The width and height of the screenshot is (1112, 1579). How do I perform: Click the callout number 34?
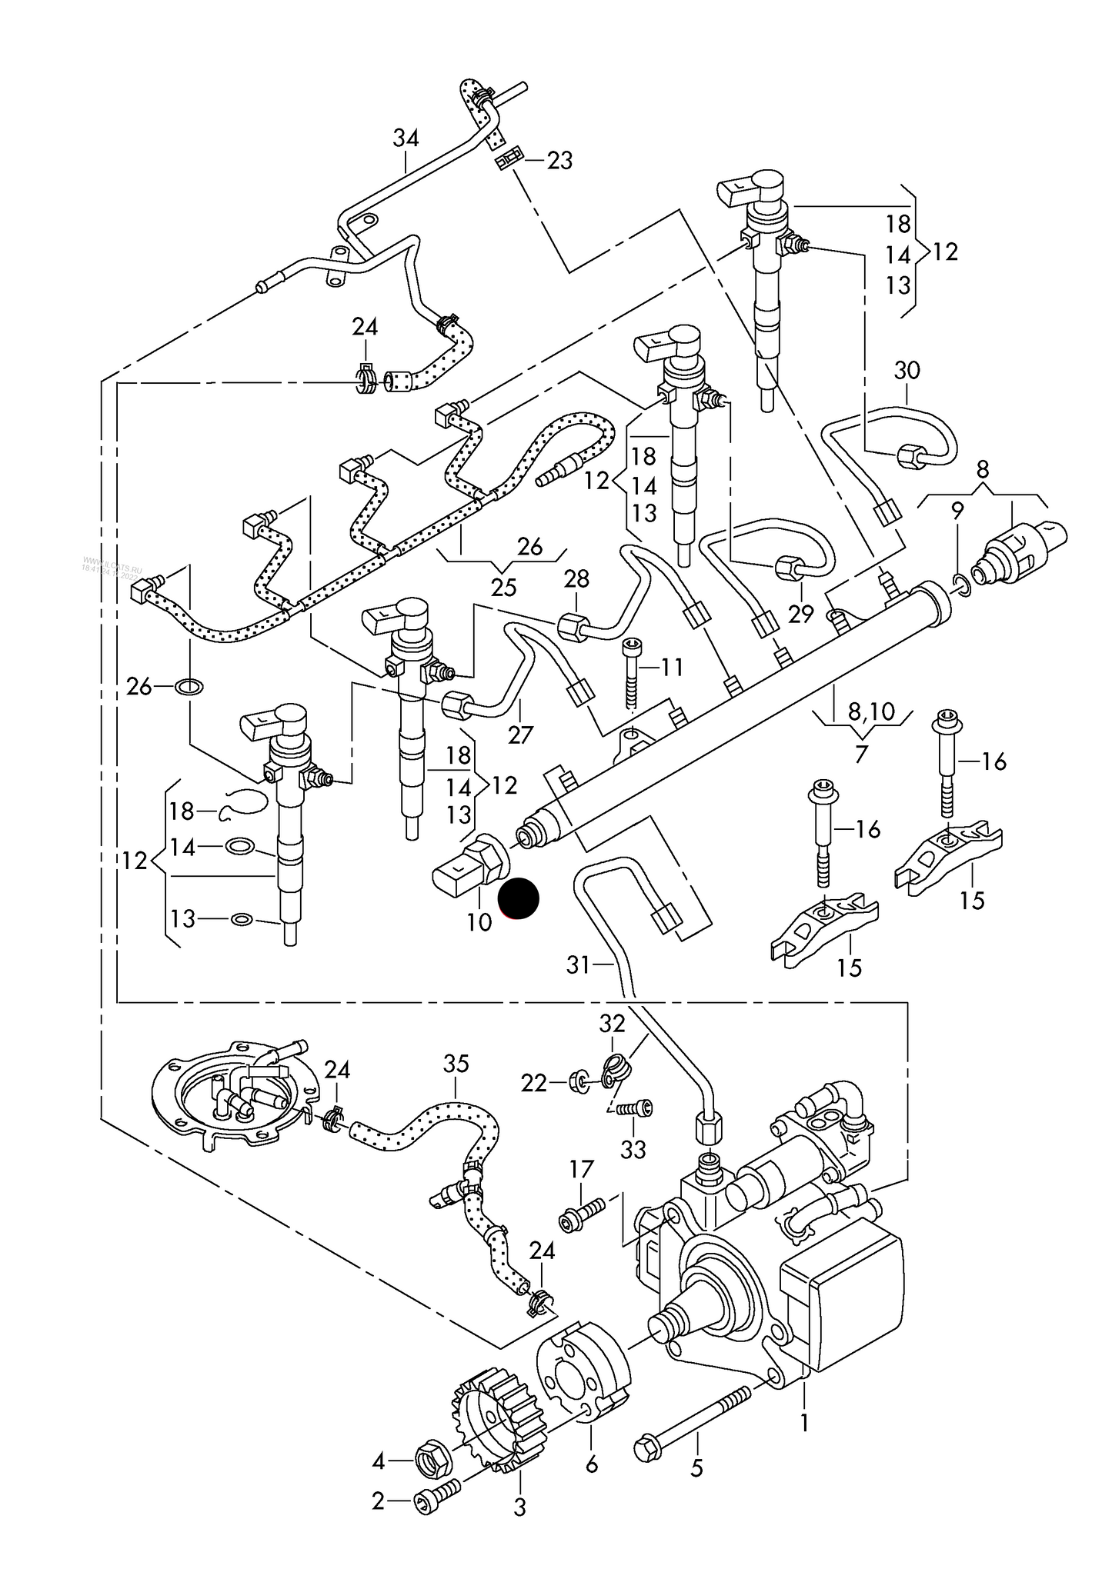[x=406, y=138]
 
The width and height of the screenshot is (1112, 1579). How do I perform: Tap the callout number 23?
[x=560, y=161]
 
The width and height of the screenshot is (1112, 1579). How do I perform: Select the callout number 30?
[x=907, y=371]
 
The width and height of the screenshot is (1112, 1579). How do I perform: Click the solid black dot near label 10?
[x=519, y=898]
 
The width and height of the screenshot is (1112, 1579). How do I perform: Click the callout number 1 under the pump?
[x=804, y=1423]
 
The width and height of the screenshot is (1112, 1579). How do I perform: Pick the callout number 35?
[x=456, y=1064]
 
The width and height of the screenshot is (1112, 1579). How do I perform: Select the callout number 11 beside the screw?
[x=671, y=667]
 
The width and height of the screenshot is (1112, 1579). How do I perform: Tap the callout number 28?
[x=576, y=578]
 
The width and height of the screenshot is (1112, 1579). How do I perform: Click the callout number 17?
[x=581, y=1170]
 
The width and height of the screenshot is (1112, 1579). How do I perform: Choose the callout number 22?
[x=533, y=1084]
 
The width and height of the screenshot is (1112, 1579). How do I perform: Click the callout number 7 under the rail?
[x=860, y=755]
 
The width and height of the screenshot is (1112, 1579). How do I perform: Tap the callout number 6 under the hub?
[x=591, y=1464]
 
